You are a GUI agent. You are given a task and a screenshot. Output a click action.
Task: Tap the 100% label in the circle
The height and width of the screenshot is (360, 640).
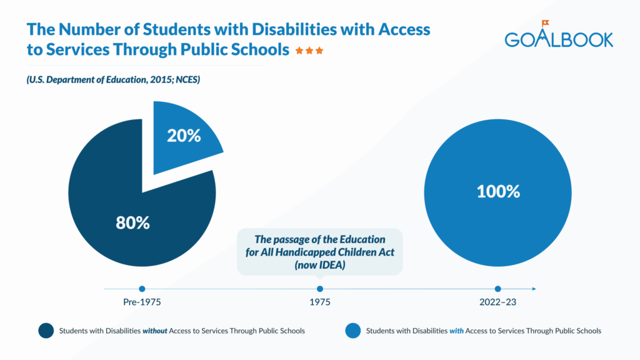(x=497, y=191)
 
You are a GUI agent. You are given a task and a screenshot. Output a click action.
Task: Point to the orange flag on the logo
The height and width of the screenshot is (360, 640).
(x=545, y=24)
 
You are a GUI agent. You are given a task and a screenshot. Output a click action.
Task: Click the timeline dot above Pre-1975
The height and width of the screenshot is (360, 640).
(x=142, y=289)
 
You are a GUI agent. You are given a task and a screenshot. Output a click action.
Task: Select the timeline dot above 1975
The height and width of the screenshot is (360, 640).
(x=320, y=289)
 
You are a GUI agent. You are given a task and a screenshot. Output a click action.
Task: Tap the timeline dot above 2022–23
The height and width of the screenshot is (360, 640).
(x=497, y=289)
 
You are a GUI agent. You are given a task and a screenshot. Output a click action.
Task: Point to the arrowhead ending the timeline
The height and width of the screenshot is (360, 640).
(x=533, y=289)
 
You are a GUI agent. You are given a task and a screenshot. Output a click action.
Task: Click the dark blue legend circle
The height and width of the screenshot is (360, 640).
(x=46, y=331)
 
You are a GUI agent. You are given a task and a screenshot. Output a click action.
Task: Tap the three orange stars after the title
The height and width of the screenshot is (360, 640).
(x=309, y=51)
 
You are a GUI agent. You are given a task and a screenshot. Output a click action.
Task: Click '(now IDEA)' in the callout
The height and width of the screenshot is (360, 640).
(x=320, y=264)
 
